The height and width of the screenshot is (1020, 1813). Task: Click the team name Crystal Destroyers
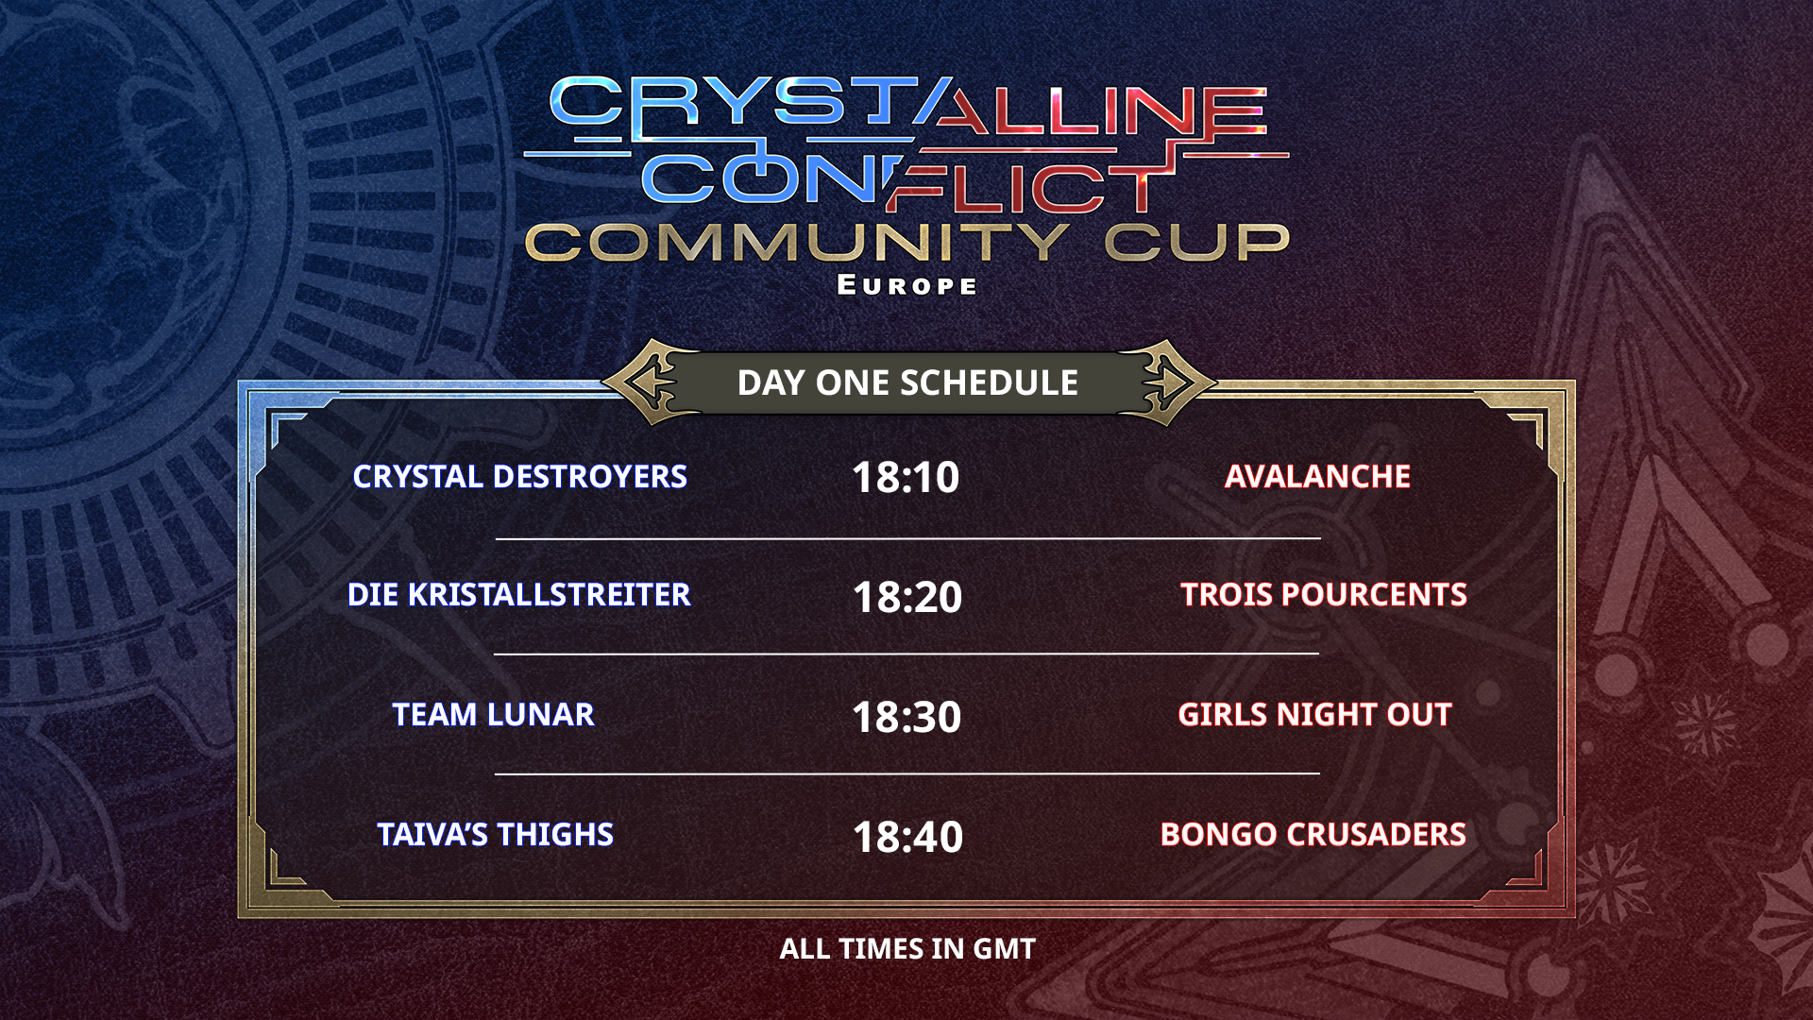(519, 477)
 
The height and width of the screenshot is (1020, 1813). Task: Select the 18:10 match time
(906, 477)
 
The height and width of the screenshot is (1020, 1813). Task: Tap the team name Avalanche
(1317, 477)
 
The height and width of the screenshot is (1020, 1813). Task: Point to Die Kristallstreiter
(519, 595)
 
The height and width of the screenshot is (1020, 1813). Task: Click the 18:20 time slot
(907, 597)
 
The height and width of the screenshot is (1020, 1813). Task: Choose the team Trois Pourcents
(1324, 595)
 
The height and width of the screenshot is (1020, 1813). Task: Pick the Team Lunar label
(493, 715)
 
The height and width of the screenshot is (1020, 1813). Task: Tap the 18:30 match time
(906, 717)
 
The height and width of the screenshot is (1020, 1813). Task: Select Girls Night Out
(1314, 715)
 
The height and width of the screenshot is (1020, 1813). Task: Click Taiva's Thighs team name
(495, 835)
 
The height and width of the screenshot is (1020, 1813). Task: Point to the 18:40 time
(907, 837)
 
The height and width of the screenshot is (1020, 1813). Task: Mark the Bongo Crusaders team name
(1313, 835)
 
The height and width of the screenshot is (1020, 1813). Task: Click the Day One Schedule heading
(907, 382)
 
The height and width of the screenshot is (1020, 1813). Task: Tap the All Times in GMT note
(907, 949)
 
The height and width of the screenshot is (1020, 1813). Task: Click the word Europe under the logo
(907, 285)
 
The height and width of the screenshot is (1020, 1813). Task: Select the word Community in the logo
(797, 243)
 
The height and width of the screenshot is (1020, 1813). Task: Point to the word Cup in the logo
(1197, 243)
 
